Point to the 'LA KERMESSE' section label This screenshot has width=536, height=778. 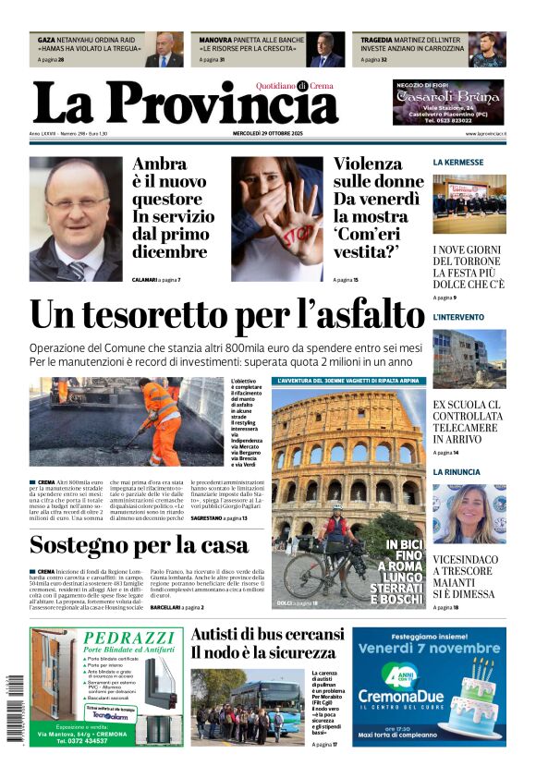[x=457, y=163]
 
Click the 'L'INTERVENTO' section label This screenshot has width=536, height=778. [x=458, y=317]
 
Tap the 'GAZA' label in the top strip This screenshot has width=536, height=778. [x=46, y=41]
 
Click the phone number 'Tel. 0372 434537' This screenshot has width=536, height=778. [x=97, y=740]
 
